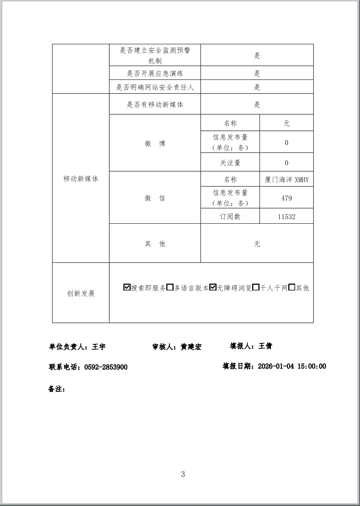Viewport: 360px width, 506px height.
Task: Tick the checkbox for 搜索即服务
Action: pyautogui.click(x=127, y=287)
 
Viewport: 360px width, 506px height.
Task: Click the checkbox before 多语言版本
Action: pyautogui.click(x=170, y=287)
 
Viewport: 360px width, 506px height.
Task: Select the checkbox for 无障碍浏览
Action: pyautogui.click(x=213, y=287)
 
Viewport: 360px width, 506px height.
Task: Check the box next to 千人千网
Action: pyautogui.click(x=256, y=287)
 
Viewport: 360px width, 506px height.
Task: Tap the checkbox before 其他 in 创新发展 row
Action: pyautogui.click(x=292, y=287)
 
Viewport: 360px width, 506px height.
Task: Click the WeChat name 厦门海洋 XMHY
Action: pyautogui.click(x=286, y=179)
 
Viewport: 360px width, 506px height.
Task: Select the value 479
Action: pyautogui.click(x=286, y=198)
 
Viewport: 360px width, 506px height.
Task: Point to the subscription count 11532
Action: pyautogui.click(x=286, y=216)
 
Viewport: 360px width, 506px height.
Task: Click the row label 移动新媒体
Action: pyautogui.click(x=81, y=179)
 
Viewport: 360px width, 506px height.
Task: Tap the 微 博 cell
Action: pyautogui.click(x=155, y=143)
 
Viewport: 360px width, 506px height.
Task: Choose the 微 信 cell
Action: pyautogui.click(x=155, y=198)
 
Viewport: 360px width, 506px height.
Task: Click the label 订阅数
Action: pyautogui.click(x=230, y=216)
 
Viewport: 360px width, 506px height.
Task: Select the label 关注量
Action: pyautogui.click(x=230, y=163)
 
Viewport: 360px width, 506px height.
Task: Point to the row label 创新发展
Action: pyautogui.click(x=81, y=293)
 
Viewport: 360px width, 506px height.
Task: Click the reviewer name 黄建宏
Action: pyautogui.click(x=191, y=347)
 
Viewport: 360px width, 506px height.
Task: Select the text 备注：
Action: pyautogui.click(x=57, y=390)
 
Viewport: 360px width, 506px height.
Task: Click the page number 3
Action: pyautogui.click(x=183, y=474)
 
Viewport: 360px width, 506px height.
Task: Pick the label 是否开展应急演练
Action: pyautogui.click(x=155, y=73)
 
